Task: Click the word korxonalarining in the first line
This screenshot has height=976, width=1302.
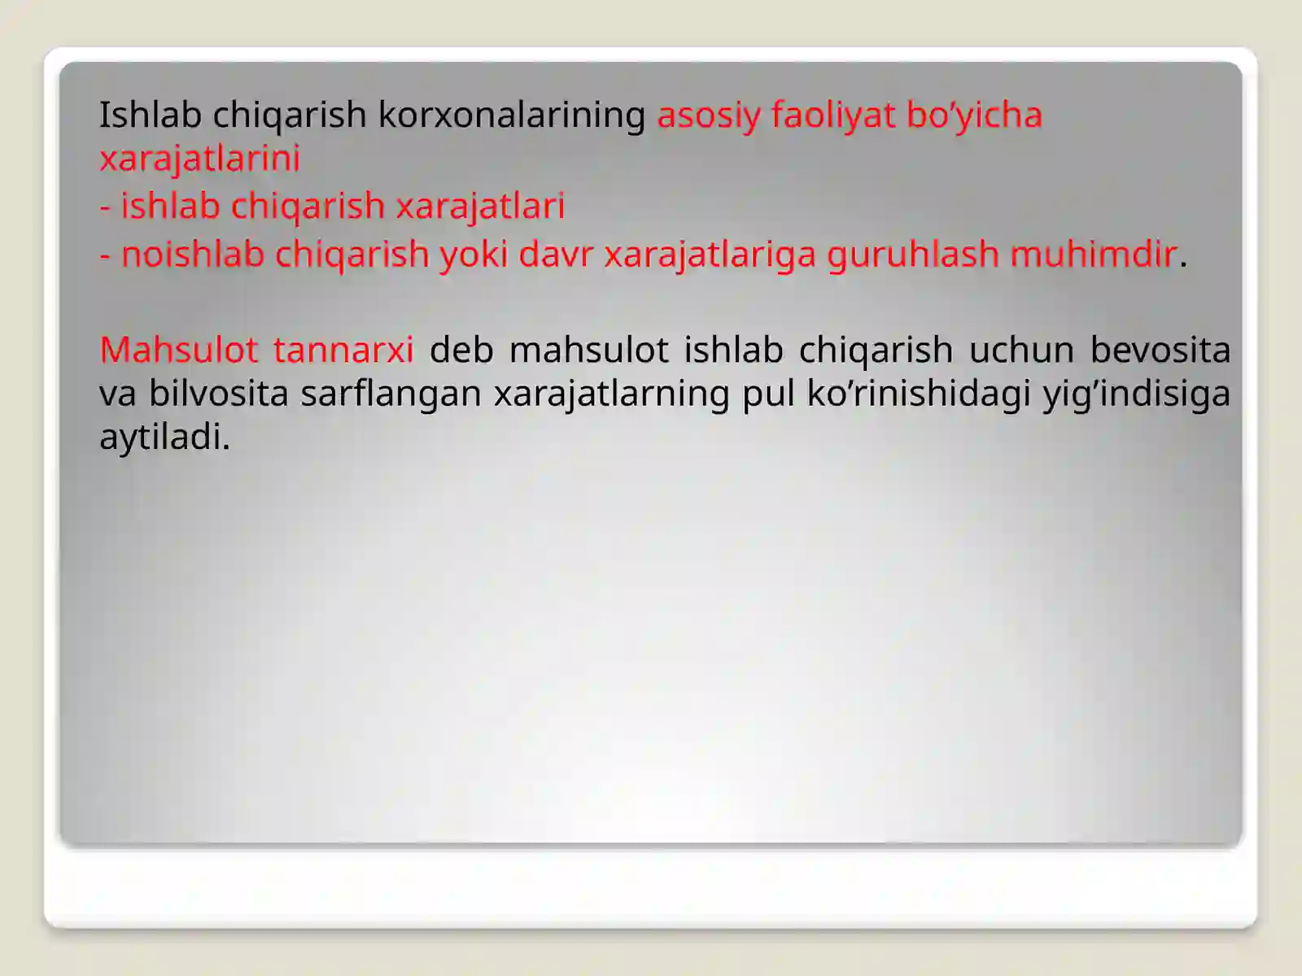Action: click(x=511, y=115)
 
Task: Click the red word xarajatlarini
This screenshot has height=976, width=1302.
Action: click(x=200, y=158)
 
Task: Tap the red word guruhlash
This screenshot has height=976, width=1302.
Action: click(x=913, y=254)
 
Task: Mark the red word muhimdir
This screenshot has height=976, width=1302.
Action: click(x=1093, y=254)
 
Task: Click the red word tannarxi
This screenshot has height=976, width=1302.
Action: click(x=343, y=350)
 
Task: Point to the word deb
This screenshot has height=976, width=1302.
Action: click(x=461, y=350)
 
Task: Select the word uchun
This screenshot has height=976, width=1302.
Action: click(x=1021, y=350)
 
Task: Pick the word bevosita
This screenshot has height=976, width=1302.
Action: click(x=1160, y=350)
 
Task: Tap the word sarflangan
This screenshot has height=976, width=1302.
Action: click(x=391, y=394)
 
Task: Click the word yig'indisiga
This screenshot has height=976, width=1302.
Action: click(x=1137, y=394)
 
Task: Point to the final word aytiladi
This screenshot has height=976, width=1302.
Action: click(x=164, y=438)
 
